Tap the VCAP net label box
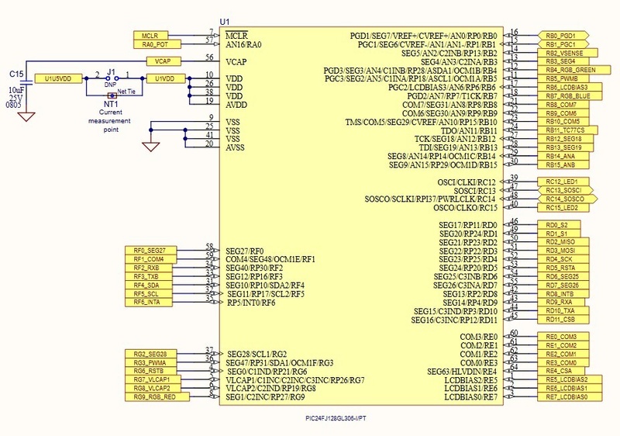pyautogui.click(x=163, y=61)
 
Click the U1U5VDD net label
pyautogui.click(x=58, y=79)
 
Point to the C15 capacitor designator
pyautogui.click(x=16, y=73)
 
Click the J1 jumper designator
pyautogui.click(x=111, y=69)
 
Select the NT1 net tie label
pyautogui.click(x=111, y=103)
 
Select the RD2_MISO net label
pyautogui.click(x=560, y=242)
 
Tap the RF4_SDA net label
pyautogui.click(x=149, y=285)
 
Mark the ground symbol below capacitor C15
pyautogui.click(x=27, y=116)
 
